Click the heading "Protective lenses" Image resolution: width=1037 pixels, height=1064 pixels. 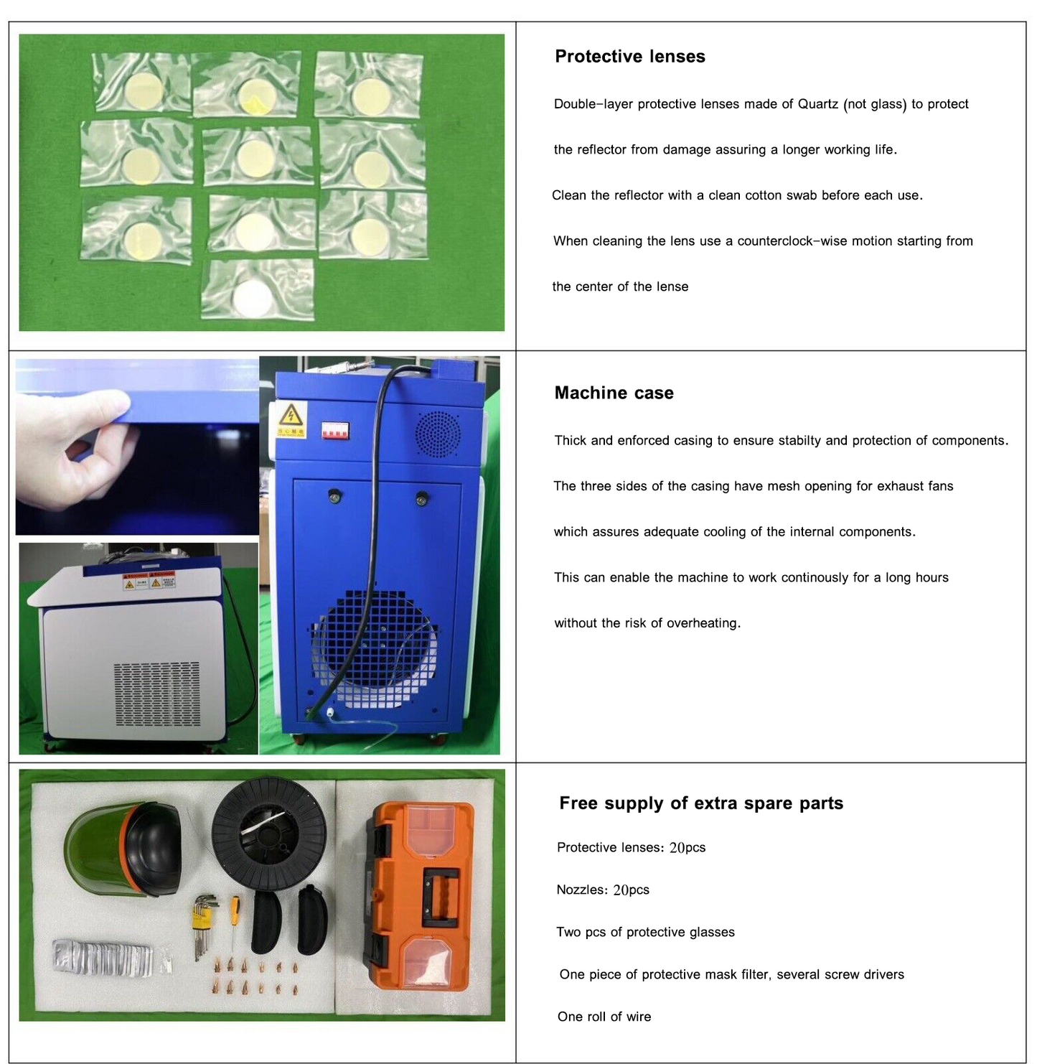pos(630,56)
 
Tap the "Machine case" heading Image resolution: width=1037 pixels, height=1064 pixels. pos(614,393)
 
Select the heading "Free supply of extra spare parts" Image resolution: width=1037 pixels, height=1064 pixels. pos(701,803)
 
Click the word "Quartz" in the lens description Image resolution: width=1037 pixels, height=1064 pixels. pos(818,104)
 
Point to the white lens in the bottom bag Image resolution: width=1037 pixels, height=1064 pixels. pos(252,299)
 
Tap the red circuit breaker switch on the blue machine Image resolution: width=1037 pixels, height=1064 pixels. pos(336,430)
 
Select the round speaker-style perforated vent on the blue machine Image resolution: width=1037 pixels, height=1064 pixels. pos(438,434)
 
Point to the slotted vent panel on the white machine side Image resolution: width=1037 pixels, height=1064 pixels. pos(157,694)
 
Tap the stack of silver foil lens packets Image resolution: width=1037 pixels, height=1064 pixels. pos(102,957)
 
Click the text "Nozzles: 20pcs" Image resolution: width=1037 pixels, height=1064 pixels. pos(602,890)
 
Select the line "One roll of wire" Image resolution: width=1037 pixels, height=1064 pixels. pos(604,1017)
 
